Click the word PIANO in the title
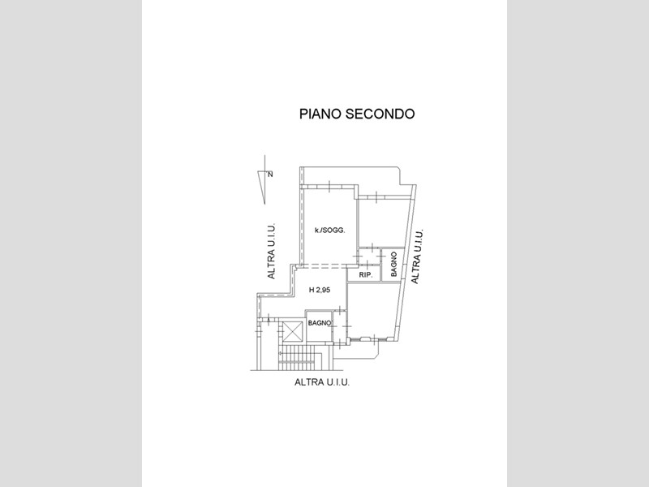pyautogui.click(x=320, y=114)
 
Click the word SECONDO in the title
pyautogui.click(x=380, y=114)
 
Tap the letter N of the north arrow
pyautogui.click(x=270, y=175)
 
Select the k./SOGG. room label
pyautogui.click(x=330, y=231)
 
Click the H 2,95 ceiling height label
pyautogui.click(x=320, y=291)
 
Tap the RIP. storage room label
pyautogui.click(x=363, y=275)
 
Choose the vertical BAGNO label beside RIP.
pyautogui.click(x=393, y=265)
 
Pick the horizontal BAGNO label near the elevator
pyautogui.click(x=320, y=323)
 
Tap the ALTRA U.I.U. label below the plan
pyautogui.click(x=322, y=382)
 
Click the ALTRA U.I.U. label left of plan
pyautogui.click(x=271, y=252)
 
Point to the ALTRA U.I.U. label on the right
pyautogui.click(x=417, y=256)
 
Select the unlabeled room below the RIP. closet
pyautogui.click(x=372, y=310)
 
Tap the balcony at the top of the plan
pyautogui.click(x=350, y=176)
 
